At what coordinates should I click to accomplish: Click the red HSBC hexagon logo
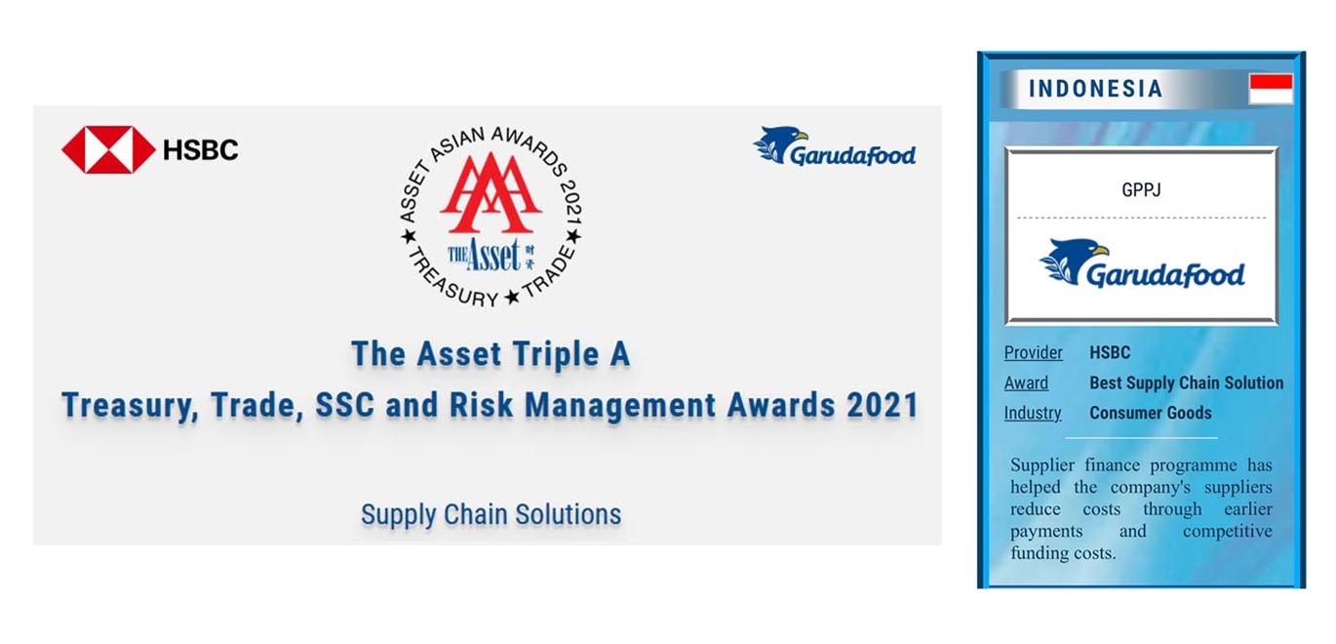point(108,150)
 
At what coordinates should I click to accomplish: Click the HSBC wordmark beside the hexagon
point(201,150)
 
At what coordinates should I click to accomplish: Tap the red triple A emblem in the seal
point(491,193)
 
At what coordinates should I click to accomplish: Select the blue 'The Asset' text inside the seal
point(485,255)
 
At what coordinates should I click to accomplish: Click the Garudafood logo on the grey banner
point(835,146)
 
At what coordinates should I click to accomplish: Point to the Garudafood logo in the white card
point(1142,263)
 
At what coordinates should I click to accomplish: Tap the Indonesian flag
point(1271,89)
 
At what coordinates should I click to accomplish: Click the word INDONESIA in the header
point(1096,89)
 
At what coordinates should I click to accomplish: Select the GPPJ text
point(1141,190)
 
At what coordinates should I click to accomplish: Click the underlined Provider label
point(1033,353)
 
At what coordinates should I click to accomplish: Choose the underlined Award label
point(1026,382)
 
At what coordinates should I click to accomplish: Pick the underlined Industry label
point(1033,413)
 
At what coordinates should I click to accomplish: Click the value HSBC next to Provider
point(1110,353)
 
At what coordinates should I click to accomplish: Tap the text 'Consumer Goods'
point(1151,413)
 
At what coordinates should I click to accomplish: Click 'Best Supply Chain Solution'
point(1186,382)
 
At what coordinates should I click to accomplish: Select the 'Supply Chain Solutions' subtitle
point(491,514)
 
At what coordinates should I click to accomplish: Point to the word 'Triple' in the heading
point(556,354)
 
